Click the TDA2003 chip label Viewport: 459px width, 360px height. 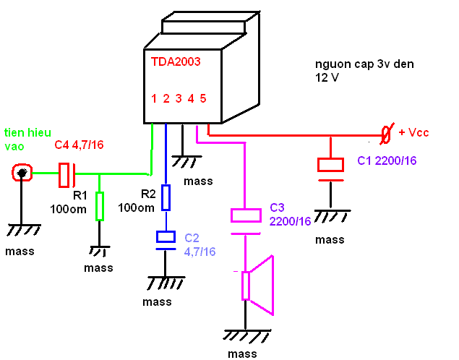176,62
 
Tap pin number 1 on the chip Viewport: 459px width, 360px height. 154,98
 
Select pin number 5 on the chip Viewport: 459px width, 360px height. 203,98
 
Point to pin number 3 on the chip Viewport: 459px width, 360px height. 179,98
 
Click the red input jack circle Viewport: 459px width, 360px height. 23,173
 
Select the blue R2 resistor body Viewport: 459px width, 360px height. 166,197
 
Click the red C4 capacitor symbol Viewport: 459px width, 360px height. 66,173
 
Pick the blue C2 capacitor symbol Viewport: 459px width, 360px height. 166,239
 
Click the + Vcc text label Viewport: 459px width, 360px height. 413,134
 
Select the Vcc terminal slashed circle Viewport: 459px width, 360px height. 387,134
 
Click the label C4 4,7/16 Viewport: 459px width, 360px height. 80,146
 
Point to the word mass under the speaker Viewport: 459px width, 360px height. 242,353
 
